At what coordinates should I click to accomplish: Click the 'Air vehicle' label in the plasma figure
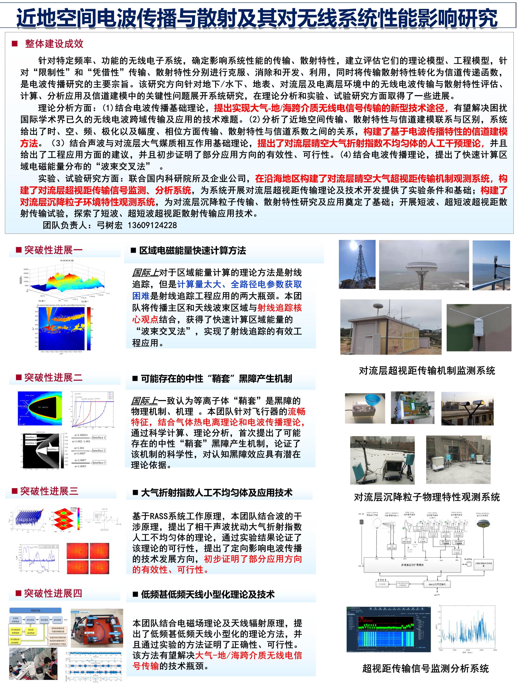click(44, 407)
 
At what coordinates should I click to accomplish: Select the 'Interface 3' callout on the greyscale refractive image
click(52, 449)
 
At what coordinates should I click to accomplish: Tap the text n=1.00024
click(81, 435)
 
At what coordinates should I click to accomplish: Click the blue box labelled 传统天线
click(35, 610)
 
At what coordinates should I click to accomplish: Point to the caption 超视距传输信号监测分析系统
click(425, 668)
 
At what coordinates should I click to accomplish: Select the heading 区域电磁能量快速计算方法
click(192, 250)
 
